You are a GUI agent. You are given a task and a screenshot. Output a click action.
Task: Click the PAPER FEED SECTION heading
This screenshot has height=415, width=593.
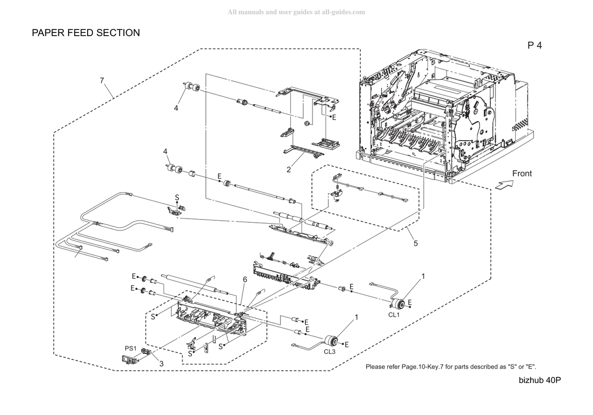[x=86, y=33]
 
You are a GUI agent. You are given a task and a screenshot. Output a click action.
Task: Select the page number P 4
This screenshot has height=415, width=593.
[x=534, y=45]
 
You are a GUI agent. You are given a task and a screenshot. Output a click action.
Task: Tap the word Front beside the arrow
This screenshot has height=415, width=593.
[x=522, y=174]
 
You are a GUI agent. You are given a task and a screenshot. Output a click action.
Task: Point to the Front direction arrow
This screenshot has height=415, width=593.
[x=504, y=185]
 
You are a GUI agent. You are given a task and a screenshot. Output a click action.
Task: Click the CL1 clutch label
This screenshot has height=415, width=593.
[x=393, y=315]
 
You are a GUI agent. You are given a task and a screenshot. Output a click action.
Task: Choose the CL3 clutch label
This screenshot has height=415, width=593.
[x=330, y=352]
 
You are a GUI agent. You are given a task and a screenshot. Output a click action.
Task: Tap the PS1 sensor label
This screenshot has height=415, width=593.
[x=130, y=348]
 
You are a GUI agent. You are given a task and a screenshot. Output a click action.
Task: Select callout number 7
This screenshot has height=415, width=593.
[x=102, y=80]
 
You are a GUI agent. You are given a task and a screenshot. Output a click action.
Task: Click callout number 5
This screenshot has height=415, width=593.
[x=416, y=243]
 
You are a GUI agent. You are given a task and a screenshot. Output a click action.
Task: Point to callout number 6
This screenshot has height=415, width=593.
[x=245, y=280]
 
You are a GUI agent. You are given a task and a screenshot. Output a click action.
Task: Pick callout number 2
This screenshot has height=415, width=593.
[x=289, y=170]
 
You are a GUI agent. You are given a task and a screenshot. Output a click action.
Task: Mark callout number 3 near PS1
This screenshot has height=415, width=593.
[x=161, y=364]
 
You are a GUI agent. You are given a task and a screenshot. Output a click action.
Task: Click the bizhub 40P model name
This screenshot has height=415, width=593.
[x=540, y=380]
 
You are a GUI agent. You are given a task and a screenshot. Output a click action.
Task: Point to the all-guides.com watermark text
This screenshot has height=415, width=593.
[x=296, y=12]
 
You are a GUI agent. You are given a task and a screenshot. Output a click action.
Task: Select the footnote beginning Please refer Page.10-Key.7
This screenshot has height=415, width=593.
[x=451, y=367]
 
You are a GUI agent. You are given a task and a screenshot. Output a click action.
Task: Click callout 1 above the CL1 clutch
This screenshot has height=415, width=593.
[x=423, y=277]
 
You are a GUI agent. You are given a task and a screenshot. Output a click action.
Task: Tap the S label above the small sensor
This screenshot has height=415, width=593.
[x=177, y=197]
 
